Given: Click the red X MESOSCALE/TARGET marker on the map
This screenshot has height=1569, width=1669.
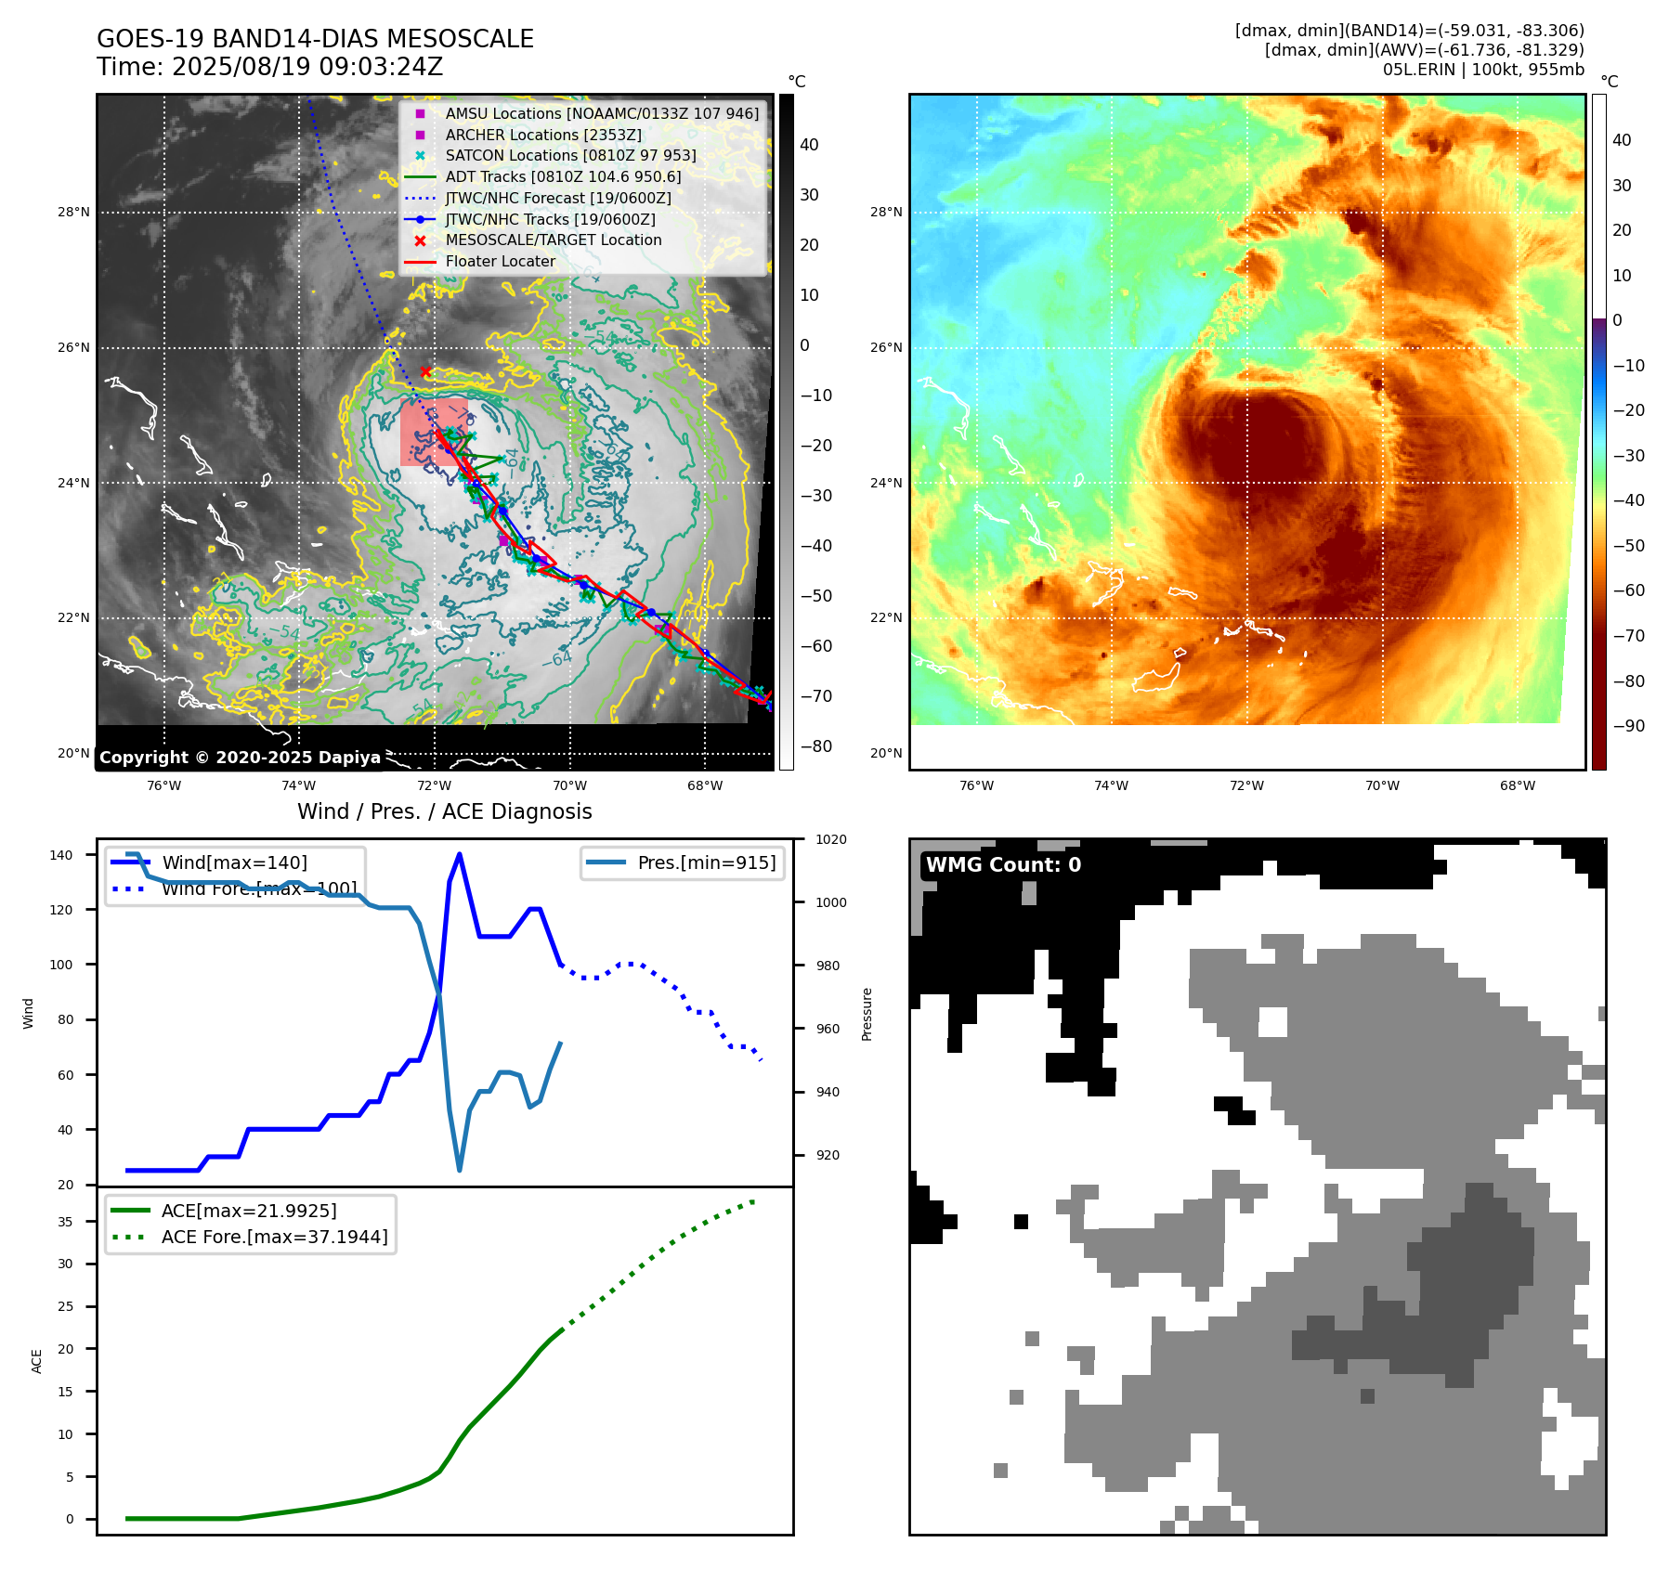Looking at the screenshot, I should pyautogui.click(x=425, y=371).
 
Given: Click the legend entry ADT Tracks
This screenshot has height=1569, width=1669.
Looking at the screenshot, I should pyautogui.click(x=563, y=176).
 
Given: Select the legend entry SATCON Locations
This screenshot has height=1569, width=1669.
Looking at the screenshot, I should pyautogui.click(x=570, y=156).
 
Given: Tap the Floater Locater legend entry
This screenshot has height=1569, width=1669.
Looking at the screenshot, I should pyautogui.click(x=500, y=262).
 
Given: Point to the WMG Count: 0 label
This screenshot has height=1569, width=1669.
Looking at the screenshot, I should pyautogui.click(x=1003, y=865).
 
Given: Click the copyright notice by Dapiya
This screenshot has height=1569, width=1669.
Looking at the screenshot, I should pyautogui.click(x=240, y=758).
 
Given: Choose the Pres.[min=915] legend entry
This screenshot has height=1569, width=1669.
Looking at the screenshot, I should pyautogui.click(x=706, y=862).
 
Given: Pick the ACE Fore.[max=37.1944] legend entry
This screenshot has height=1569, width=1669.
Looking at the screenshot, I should pyautogui.click(x=274, y=1237).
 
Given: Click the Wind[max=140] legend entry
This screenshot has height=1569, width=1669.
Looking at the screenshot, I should pyautogui.click(x=234, y=862).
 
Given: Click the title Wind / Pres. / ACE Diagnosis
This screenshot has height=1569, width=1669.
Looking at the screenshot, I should pyautogui.click(x=444, y=811).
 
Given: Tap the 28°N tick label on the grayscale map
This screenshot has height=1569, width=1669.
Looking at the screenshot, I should pyautogui.click(x=73, y=212).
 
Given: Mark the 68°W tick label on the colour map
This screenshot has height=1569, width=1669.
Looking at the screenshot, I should pyautogui.click(x=1518, y=785).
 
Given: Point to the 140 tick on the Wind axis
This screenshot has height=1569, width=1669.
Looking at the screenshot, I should pyautogui.click(x=61, y=855).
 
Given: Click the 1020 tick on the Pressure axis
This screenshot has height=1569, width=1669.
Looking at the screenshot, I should pyautogui.click(x=831, y=839).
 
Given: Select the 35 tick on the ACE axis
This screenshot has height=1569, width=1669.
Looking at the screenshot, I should pyautogui.click(x=65, y=1222).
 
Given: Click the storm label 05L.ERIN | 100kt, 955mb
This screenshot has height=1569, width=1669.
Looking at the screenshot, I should pyautogui.click(x=1483, y=70).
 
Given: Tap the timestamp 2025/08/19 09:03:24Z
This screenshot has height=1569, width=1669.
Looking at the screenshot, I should pyautogui.click(x=307, y=67).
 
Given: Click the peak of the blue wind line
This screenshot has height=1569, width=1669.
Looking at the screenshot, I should pyautogui.click(x=460, y=854).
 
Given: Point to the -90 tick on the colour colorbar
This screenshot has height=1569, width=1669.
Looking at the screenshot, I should pyautogui.click(x=1628, y=726).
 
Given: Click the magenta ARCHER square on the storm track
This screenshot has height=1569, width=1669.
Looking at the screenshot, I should pyautogui.click(x=503, y=540).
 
